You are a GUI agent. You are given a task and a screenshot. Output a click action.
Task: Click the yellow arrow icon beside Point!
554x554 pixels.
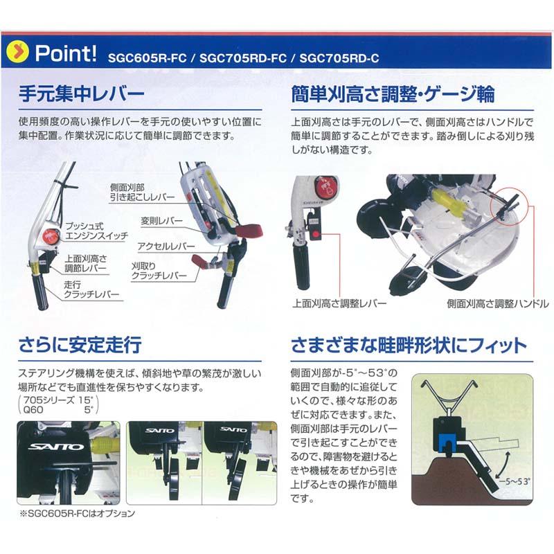tap(19, 53)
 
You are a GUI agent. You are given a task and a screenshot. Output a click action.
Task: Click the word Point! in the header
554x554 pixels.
tap(66, 53)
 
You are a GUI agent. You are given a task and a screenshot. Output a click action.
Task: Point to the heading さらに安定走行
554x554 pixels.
tap(80, 344)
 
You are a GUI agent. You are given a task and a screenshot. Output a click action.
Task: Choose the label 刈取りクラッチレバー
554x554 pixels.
tap(159, 271)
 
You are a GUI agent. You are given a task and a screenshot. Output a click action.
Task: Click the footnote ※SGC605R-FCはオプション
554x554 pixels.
tap(77, 514)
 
